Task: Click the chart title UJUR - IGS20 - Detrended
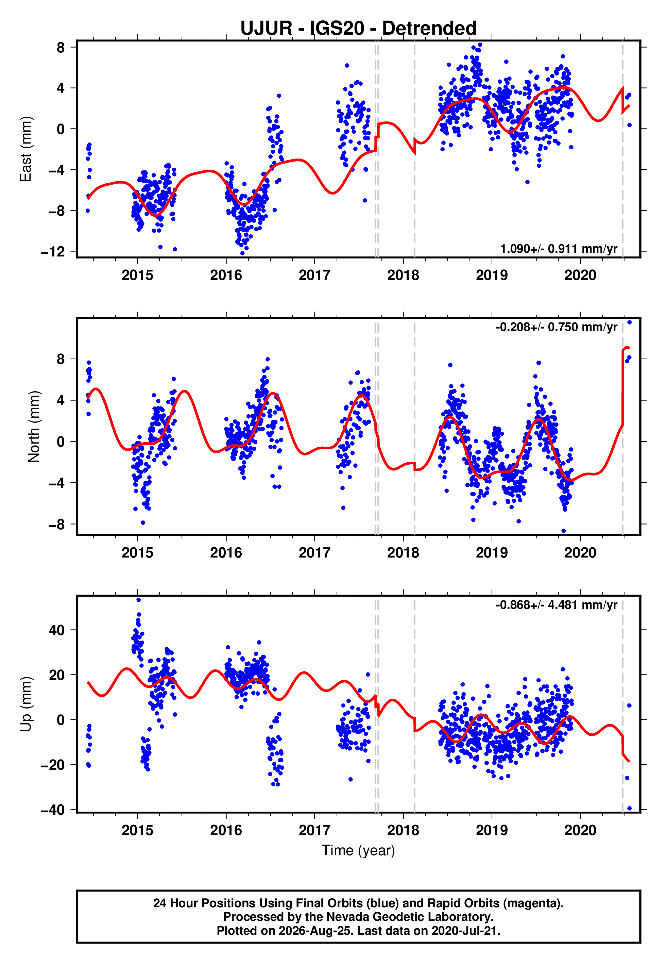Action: pos(358,28)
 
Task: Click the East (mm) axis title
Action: pos(25,149)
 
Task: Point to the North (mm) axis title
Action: pos(33,427)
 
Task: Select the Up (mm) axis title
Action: pos(25,704)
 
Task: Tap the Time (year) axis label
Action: pos(358,850)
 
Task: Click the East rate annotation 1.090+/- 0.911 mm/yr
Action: pos(559,249)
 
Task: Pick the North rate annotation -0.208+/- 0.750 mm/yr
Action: pos(556,327)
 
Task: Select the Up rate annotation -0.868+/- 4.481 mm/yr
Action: pos(556,605)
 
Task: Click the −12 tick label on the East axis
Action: pos(53,252)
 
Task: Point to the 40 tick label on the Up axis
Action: pos(57,630)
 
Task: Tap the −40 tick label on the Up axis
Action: pos(53,810)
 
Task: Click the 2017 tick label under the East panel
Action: pos(314,275)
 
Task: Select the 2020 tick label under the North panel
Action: pos(580,553)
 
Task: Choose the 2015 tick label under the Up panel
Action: pos(137,830)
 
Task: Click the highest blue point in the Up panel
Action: pos(139,600)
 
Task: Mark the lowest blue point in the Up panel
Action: pos(629,809)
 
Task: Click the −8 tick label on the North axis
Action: pos(57,524)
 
